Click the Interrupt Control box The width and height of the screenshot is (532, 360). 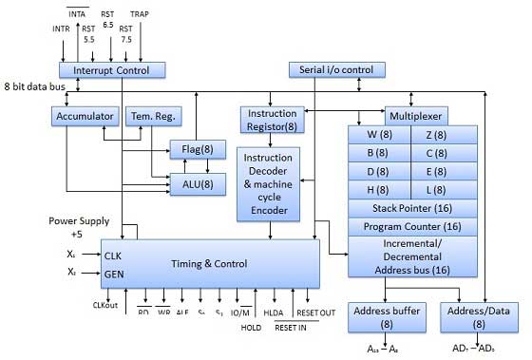tap(111, 70)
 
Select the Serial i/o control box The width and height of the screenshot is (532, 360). tap(337, 70)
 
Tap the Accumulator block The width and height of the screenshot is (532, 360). tap(83, 116)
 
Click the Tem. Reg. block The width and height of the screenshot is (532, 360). tap(147, 116)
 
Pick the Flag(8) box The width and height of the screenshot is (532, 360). tap(197, 149)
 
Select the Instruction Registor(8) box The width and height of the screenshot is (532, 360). tap(270, 119)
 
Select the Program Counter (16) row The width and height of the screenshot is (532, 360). tap(410, 228)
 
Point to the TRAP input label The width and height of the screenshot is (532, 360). tap(140, 15)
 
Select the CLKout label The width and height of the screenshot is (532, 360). tap(105, 305)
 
